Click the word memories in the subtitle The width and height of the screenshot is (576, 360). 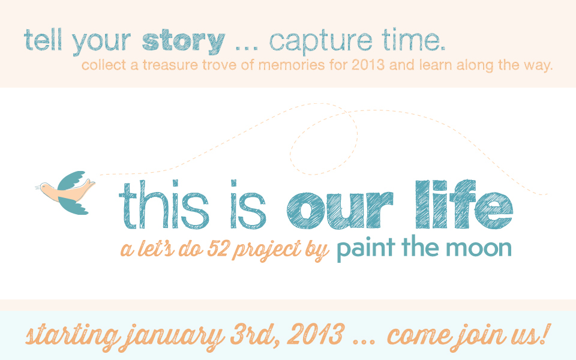(292, 65)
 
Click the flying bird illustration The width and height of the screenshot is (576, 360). (65, 192)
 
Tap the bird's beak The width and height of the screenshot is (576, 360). (38, 188)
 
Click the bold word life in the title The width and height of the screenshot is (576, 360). (464, 204)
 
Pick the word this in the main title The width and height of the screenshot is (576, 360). (164, 205)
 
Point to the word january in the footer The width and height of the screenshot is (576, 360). (173, 336)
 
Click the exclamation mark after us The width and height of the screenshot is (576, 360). (546, 334)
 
